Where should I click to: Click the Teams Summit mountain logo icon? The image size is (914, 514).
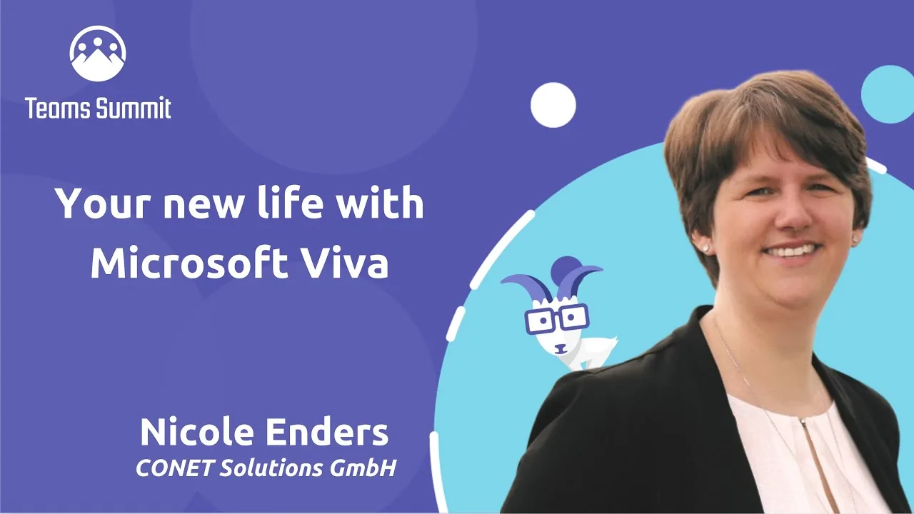[98, 54]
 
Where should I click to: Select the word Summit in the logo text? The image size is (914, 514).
[133, 108]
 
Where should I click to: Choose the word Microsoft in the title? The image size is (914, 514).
[189, 261]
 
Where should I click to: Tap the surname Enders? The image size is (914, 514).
[327, 432]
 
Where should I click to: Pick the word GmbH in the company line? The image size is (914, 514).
[363, 468]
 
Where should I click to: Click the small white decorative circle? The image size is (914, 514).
[553, 105]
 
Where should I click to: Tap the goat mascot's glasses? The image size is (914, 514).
[557, 318]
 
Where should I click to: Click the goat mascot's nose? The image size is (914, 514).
[561, 348]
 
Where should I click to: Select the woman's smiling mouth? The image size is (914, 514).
[791, 251]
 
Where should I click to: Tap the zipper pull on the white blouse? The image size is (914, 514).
[802, 421]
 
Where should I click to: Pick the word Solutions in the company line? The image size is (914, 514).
[272, 468]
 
